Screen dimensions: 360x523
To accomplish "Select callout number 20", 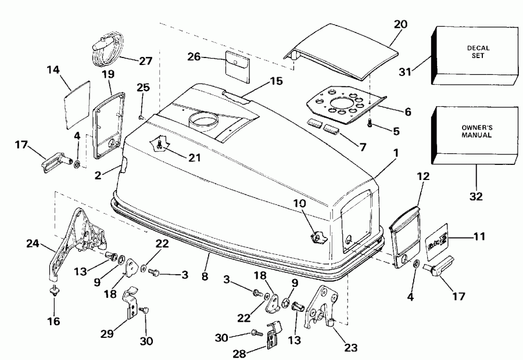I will point(400,24).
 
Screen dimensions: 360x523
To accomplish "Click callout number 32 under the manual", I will point(477,197).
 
